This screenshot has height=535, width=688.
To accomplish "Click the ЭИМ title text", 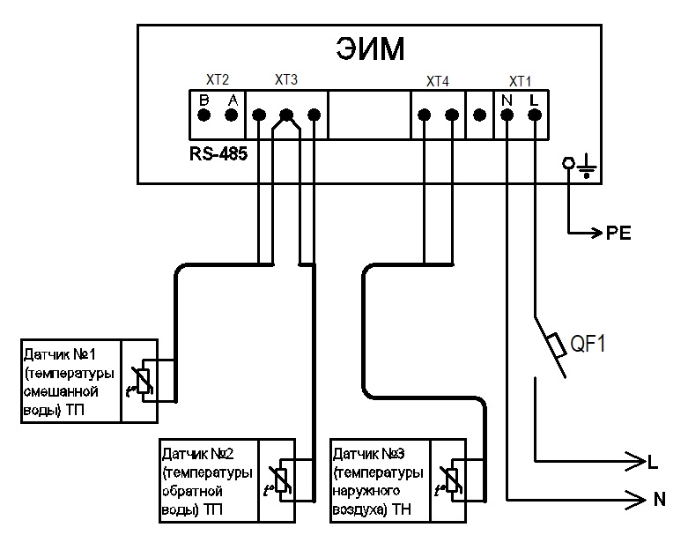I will [370, 49].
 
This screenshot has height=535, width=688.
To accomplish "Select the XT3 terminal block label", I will [286, 80].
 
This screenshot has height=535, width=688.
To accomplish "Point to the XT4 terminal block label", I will [437, 81].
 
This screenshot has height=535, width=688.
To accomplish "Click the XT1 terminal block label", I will [522, 80].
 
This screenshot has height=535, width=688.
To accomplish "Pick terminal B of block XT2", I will [203, 115].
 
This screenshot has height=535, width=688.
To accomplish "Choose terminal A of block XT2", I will [233, 115].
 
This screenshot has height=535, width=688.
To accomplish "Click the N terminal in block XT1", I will [507, 115].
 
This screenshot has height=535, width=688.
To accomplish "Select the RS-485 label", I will [218, 152].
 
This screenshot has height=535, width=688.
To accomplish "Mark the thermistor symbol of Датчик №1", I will [144, 377].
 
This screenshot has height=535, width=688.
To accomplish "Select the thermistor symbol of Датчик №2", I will [283, 477].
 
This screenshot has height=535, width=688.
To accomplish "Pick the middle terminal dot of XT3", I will [286, 115].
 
